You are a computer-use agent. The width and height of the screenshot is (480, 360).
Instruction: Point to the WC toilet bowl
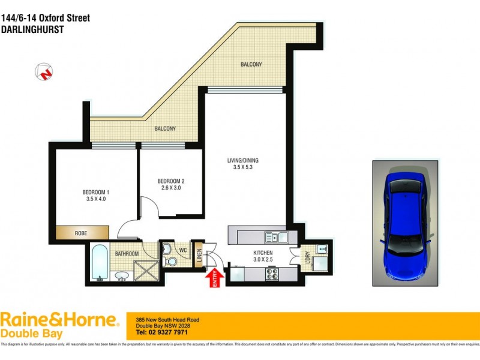[x=170, y=261]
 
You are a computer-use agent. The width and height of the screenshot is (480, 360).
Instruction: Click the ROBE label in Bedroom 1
[x=80, y=233]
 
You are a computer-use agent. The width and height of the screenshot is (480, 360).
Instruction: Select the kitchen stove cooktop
[x=271, y=274]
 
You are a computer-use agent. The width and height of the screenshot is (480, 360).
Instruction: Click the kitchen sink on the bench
[x=278, y=235]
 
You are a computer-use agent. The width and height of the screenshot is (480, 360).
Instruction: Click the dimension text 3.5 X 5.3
[x=243, y=167]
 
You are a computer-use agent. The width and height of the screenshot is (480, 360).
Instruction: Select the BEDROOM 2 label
[x=170, y=181]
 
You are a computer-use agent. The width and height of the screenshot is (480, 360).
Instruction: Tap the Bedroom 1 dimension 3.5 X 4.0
[x=95, y=200]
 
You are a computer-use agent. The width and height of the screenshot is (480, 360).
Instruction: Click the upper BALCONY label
[x=251, y=64]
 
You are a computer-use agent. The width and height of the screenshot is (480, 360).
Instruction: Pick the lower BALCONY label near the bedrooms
[x=165, y=128]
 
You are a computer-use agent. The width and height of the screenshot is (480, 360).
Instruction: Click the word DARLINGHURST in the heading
[x=33, y=29]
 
